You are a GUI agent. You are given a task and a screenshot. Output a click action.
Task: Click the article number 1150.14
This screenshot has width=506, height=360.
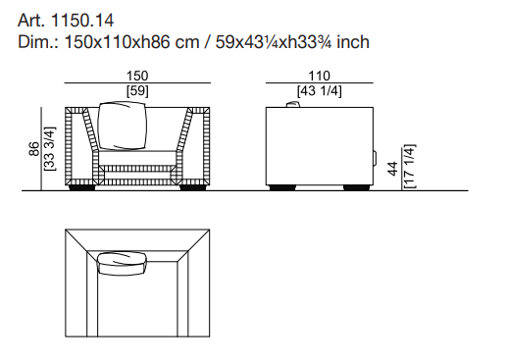[82, 21]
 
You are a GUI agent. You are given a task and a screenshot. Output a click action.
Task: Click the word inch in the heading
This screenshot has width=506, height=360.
[353, 42]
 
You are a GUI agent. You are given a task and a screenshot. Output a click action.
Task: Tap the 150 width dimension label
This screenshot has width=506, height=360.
[137, 76]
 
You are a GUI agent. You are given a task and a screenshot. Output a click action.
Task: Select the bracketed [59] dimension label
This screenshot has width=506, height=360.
[137, 91]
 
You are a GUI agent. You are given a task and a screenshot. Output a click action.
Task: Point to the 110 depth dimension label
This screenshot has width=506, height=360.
[319, 76]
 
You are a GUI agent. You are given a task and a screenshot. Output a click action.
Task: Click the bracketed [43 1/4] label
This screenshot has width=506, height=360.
[320, 91]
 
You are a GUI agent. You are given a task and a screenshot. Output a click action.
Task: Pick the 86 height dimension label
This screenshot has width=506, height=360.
[34, 149]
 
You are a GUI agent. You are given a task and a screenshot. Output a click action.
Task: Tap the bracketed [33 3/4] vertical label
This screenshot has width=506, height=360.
[50, 149]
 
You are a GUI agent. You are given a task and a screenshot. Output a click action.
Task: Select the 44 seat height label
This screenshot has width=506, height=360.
[392, 169]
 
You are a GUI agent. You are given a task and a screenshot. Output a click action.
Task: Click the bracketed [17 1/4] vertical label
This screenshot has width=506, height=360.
[409, 166]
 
